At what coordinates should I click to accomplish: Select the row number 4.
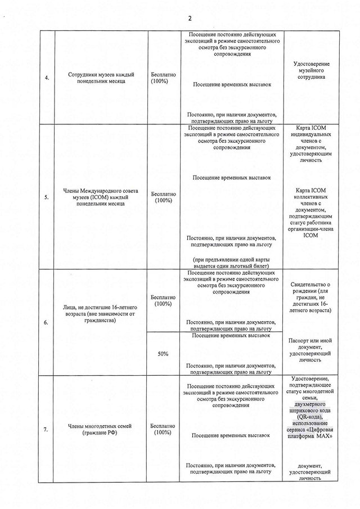click(46, 78)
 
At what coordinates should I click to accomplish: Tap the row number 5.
click(46, 197)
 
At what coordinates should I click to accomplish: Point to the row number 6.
click(46, 322)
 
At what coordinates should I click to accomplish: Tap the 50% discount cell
click(163, 353)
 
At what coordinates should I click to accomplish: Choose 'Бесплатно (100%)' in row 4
click(163, 78)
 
